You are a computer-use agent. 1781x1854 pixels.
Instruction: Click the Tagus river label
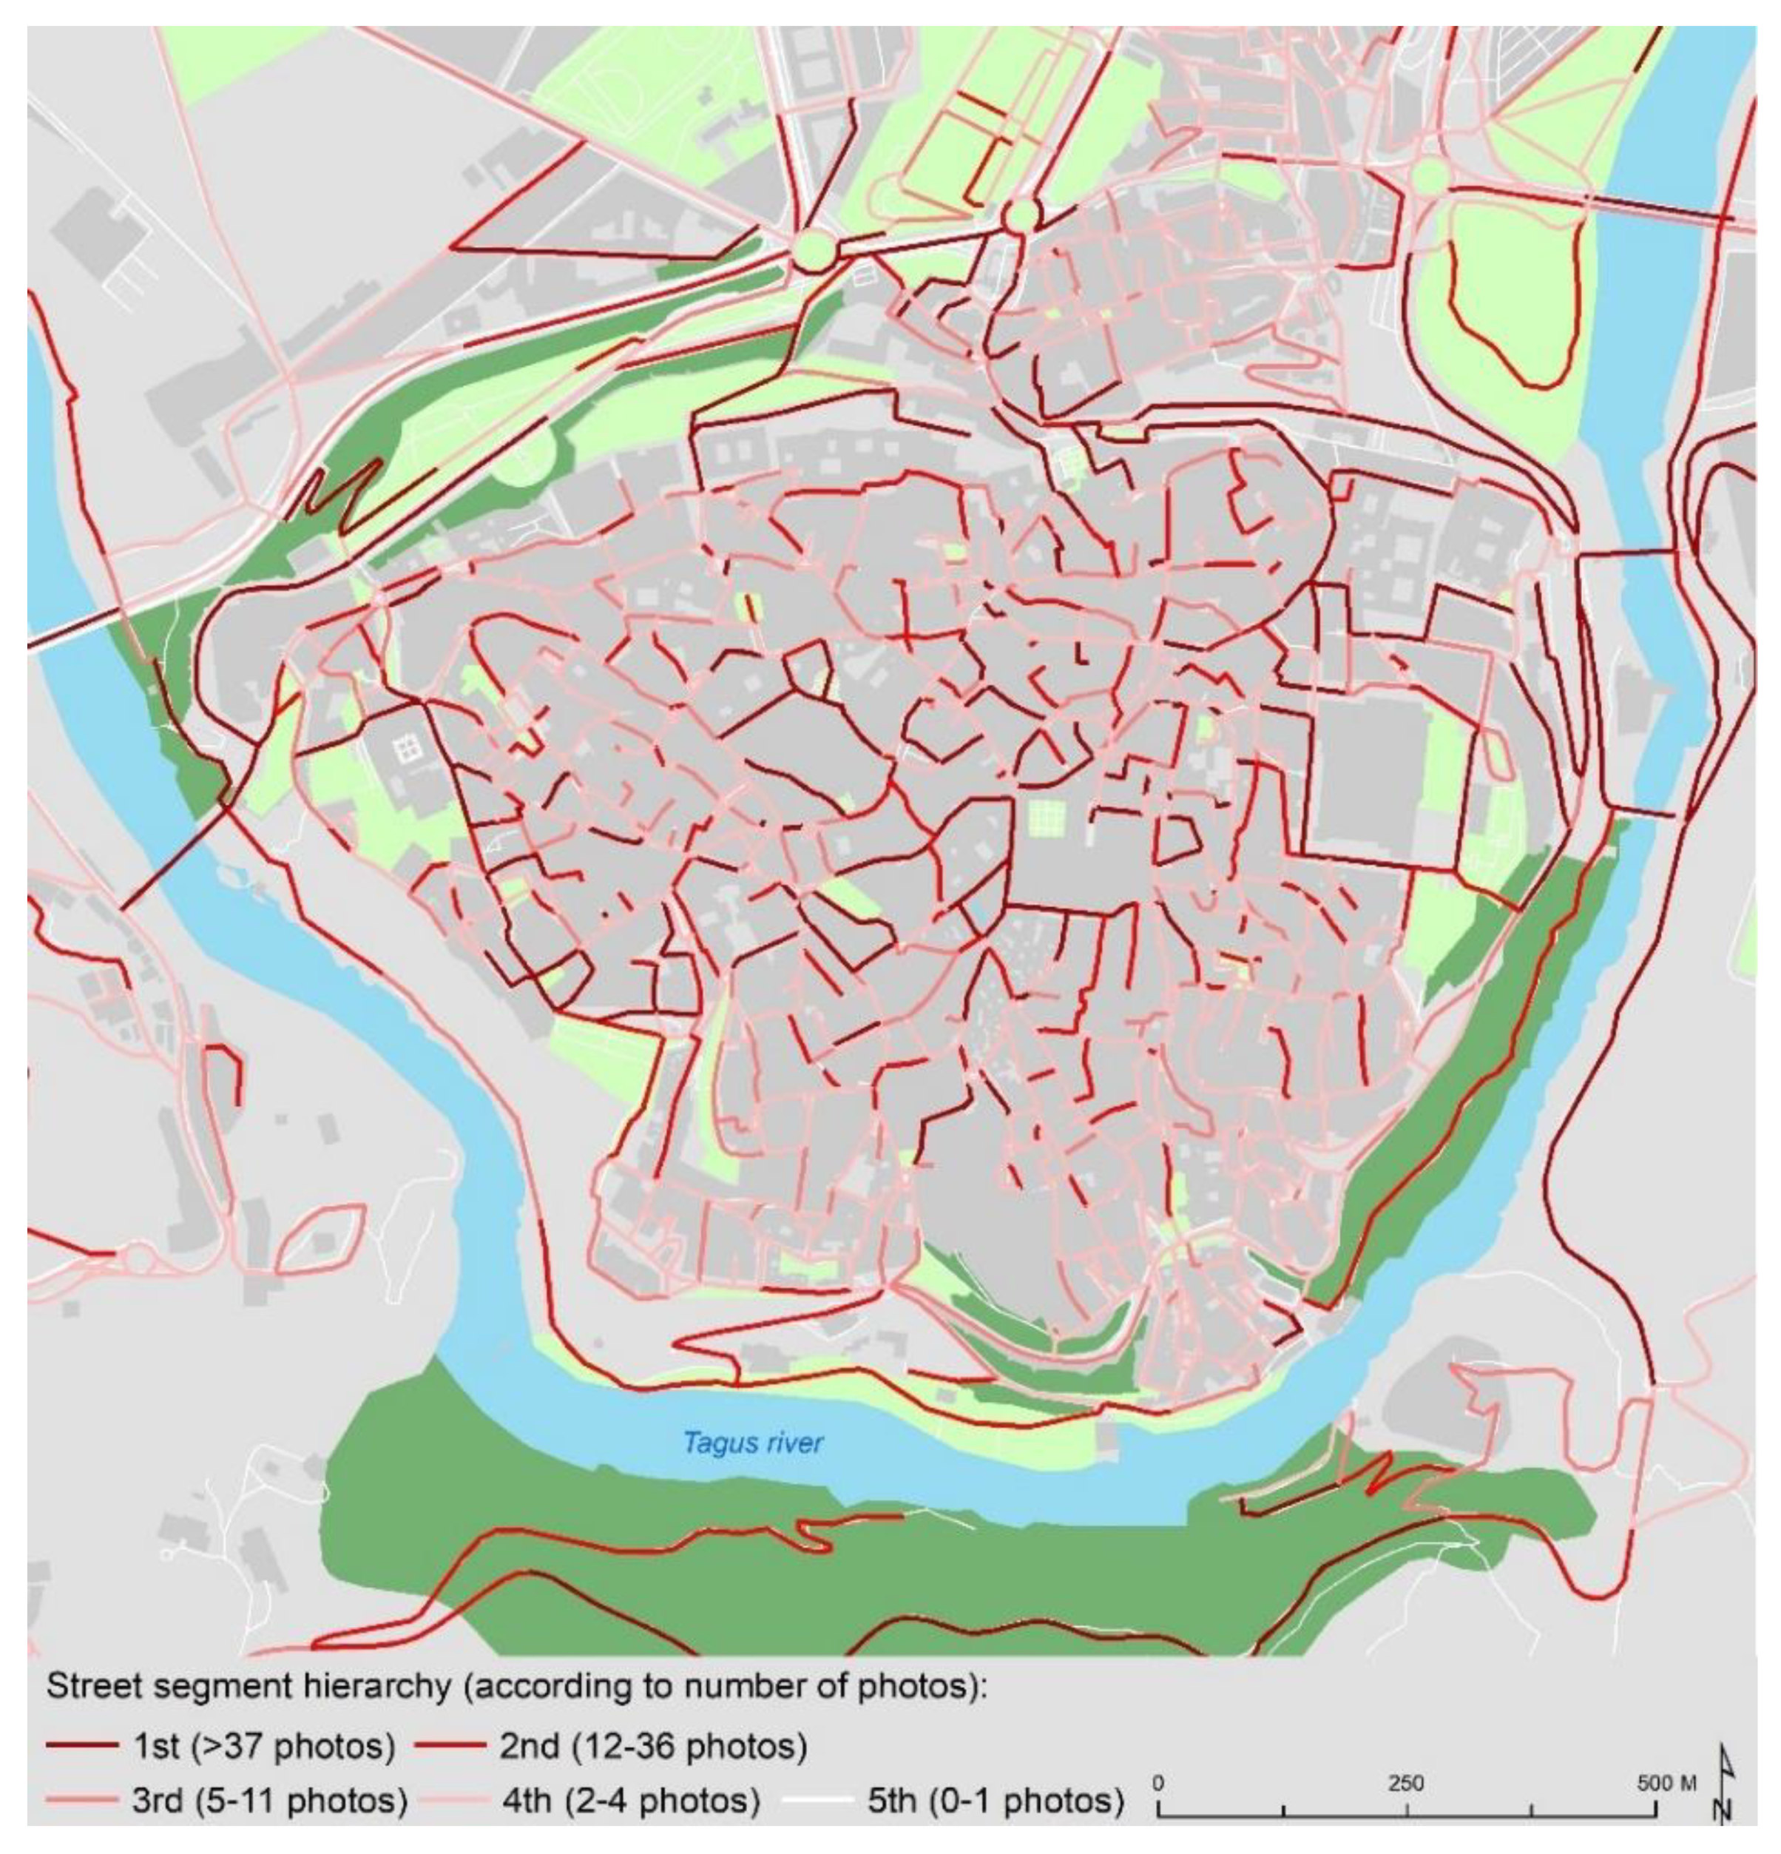click(x=753, y=1443)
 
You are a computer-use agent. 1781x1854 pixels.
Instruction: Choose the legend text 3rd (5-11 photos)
click(x=269, y=1800)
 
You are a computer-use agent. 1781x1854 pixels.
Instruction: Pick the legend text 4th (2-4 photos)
click(x=631, y=1800)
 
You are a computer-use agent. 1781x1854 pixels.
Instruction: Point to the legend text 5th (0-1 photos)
click(x=995, y=1800)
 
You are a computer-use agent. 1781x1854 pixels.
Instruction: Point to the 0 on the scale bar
click(x=1160, y=1783)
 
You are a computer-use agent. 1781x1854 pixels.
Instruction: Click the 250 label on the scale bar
click(x=1407, y=1783)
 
